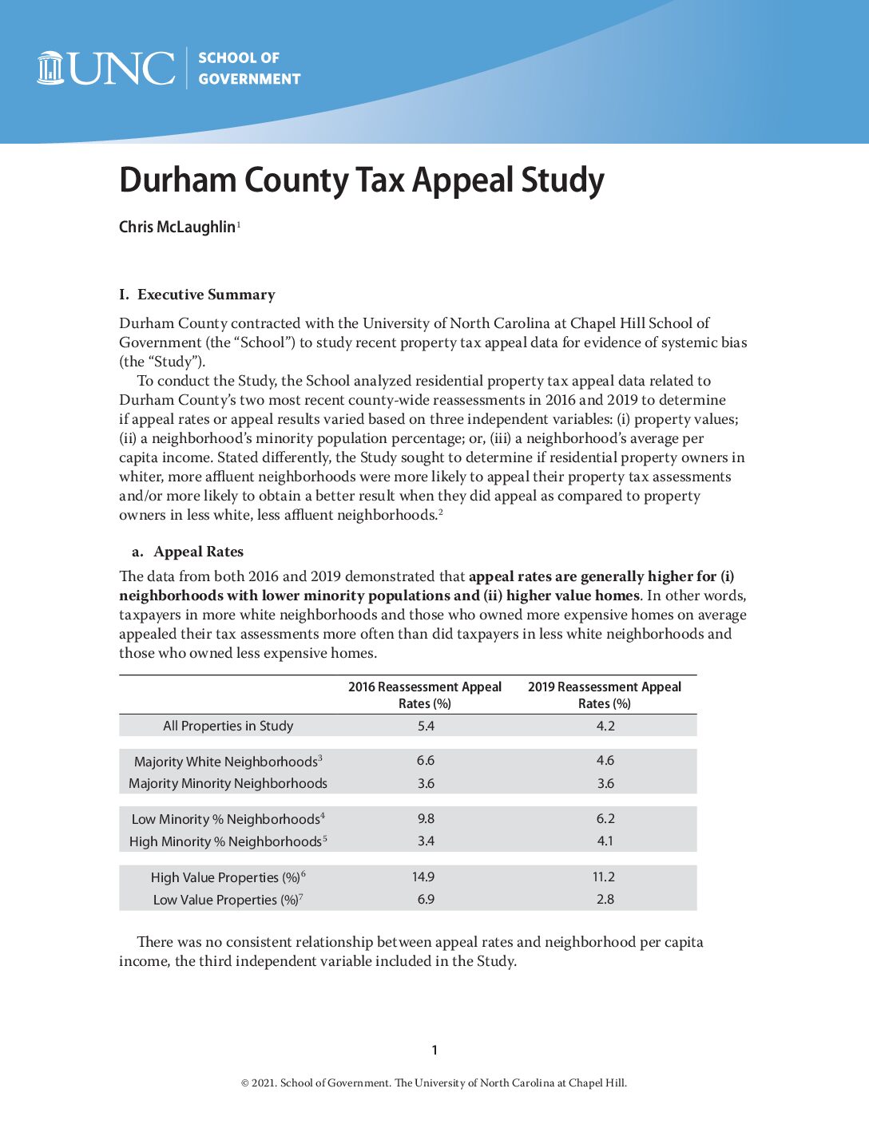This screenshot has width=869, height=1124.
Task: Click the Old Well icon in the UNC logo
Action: click(x=50, y=68)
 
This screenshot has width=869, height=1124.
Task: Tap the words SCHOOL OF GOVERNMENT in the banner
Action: click(x=249, y=69)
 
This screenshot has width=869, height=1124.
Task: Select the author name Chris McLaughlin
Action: click(x=177, y=228)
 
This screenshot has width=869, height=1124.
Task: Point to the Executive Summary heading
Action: click(x=197, y=295)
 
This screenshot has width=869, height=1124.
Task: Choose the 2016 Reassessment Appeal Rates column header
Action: click(x=425, y=695)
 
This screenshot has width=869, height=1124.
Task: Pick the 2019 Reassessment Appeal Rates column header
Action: click(x=605, y=695)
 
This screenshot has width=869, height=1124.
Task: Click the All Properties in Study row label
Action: click(x=228, y=726)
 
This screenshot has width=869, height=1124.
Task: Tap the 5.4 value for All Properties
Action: click(x=426, y=726)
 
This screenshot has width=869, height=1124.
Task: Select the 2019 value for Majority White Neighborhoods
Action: click(x=605, y=761)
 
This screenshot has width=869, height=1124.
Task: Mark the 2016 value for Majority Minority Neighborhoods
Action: click(x=426, y=783)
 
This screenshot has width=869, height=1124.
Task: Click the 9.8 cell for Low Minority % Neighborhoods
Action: click(x=426, y=818)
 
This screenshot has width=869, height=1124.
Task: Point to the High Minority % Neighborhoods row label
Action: click(x=226, y=841)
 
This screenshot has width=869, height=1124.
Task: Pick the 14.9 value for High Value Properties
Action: click(x=423, y=877)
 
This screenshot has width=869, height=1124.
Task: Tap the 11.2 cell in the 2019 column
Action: click(x=604, y=877)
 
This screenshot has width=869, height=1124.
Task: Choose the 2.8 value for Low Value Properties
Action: click(x=605, y=899)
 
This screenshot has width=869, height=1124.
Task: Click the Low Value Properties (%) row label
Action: click(x=226, y=900)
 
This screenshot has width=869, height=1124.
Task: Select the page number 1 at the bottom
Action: click(x=434, y=1050)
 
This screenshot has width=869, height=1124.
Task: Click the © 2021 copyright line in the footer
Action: click(x=434, y=1083)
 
